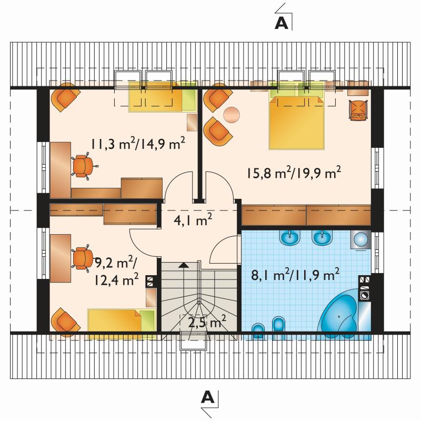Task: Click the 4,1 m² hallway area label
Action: coord(193,220)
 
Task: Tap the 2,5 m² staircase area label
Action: coord(207,322)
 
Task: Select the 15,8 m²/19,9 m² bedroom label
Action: coord(294,173)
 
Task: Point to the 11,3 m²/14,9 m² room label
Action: coord(138,144)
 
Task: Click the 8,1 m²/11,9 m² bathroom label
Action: coord(295,274)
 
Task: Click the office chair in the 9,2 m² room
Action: coord(83,258)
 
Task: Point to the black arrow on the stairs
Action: coord(184,265)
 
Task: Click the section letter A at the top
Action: coord(282,24)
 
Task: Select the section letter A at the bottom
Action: coord(208,397)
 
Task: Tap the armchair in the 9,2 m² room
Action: coord(65,320)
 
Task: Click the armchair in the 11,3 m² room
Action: coord(65,97)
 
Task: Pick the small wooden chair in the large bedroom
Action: coord(358,110)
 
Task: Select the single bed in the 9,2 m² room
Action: coord(122,322)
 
